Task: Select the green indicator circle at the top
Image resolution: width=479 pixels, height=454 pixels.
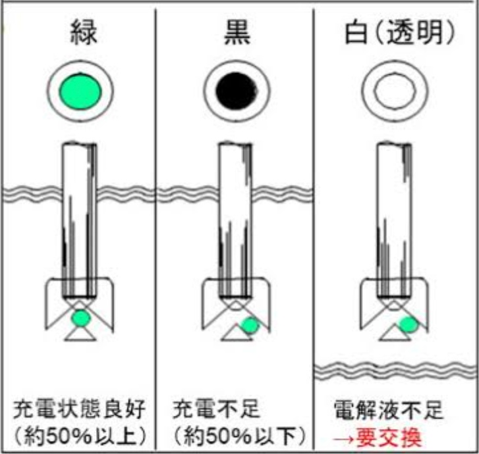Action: click(80, 90)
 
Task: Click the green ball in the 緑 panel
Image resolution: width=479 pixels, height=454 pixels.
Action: click(80, 318)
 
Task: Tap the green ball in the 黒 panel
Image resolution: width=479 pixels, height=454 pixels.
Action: click(249, 325)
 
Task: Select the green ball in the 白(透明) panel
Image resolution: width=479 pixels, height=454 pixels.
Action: click(408, 324)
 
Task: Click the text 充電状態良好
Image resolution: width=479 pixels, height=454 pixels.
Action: click(79, 411)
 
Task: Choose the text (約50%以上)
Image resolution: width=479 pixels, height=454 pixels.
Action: click(80, 435)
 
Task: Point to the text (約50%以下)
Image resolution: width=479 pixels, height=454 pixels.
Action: click(236, 435)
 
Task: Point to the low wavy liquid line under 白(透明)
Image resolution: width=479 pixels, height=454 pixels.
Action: click(395, 372)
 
